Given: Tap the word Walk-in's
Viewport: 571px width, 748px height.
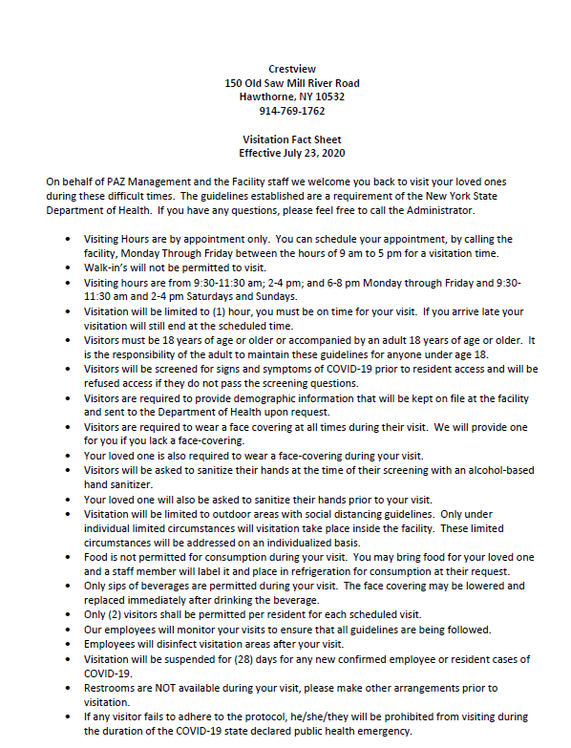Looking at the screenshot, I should click(108, 270).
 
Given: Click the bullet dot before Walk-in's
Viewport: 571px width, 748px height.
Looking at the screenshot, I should click(67, 270).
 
